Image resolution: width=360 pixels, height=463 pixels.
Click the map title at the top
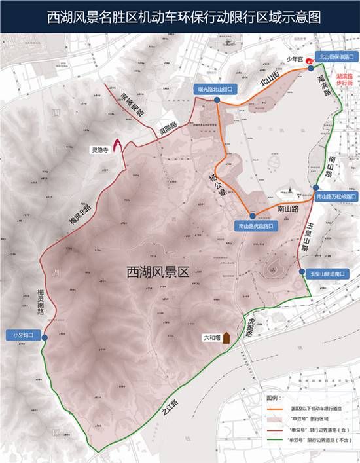(x=180, y=17)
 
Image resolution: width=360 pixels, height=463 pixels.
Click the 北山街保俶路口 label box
(x=335, y=57)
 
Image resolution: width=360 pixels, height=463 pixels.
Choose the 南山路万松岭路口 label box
(x=336, y=196)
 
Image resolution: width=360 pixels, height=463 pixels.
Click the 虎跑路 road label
(x=251, y=327)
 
